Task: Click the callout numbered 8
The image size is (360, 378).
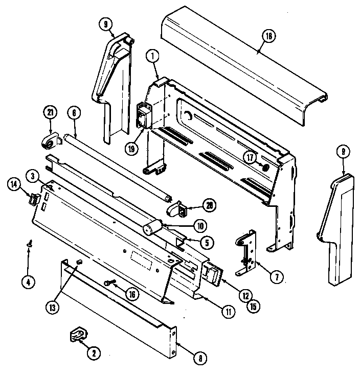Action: click(x=200, y=358)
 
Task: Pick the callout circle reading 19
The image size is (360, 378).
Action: click(x=131, y=150)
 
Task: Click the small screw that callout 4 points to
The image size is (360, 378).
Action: click(x=29, y=246)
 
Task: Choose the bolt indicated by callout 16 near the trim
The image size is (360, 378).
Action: click(x=109, y=282)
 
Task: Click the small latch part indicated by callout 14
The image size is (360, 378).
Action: click(x=33, y=200)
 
